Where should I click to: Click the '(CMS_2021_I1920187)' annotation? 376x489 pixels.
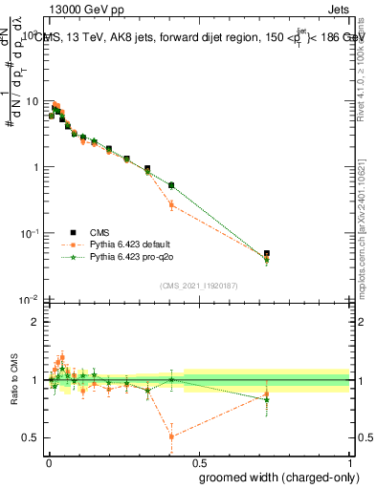[198, 286]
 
